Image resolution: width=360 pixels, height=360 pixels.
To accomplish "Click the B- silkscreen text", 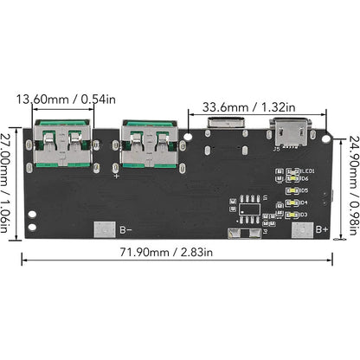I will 126,230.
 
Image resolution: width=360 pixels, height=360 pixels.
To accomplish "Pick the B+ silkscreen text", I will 323,230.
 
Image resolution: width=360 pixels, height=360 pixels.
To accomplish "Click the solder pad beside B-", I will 102,229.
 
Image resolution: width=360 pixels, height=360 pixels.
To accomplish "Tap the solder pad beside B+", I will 302,229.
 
